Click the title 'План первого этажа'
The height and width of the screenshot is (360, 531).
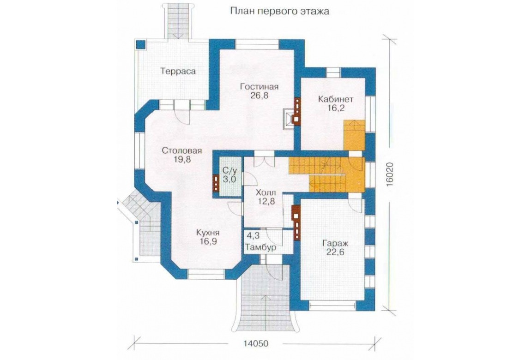pyautogui.click(x=279, y=11)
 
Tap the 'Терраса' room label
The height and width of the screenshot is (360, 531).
pyautogui.click(x=178, y=72)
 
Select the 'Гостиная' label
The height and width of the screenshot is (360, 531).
pyautogui.click(x=259, y=87)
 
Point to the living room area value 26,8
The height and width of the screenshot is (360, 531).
pyautogui.click(x=259, y=96)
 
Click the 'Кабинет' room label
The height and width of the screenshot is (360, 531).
pyautogui.click(x=336, y=99)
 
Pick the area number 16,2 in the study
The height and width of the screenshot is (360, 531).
pyautogui.click(x=336, y=108)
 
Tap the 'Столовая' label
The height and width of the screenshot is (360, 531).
pyautogui.click(x=182, y=150)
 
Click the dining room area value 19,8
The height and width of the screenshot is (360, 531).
pyautogui.click(x=182, y=159)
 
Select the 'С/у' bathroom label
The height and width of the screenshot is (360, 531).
pyautogui.click(x=229, y=170)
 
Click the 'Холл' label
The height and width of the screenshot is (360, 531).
pyautogui.click(x=266, y=192)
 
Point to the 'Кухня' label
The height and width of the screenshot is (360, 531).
pyautogui.click(x=208, y=233)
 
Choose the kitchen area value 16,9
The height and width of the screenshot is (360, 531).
pyautogui.click(x=208, y=241)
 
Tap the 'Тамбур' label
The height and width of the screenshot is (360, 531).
pyautogui.click(x=260, y=247)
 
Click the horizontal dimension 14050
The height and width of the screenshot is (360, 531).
pyautogui.click(x=256, y=343)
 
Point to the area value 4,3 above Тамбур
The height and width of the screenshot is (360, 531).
pyautogui.click(x=252, y=235)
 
